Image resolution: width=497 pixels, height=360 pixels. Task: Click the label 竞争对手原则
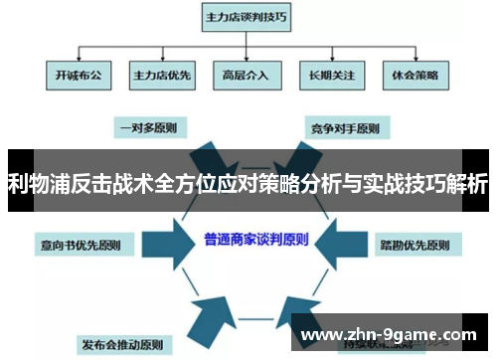coord(345,127)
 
